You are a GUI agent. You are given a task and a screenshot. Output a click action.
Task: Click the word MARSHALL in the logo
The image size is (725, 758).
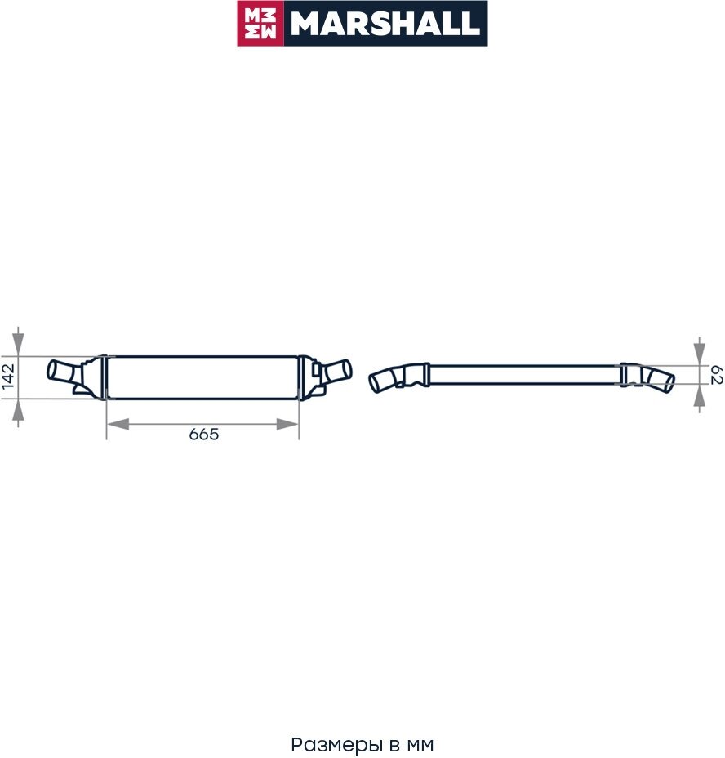click(385, 24)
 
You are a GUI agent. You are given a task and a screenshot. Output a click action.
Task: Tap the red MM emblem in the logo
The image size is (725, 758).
click(260, 23)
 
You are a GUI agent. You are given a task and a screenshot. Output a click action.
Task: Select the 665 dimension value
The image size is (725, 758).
click(204, 434)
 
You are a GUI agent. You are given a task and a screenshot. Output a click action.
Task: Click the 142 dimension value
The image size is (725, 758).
click(9, 377)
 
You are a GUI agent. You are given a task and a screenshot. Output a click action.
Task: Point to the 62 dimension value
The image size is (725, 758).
click(717, 375)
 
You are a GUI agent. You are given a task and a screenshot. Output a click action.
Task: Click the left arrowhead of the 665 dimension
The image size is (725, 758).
click(118, 425)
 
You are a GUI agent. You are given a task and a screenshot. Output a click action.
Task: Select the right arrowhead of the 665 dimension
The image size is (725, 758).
click(287, 425)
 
